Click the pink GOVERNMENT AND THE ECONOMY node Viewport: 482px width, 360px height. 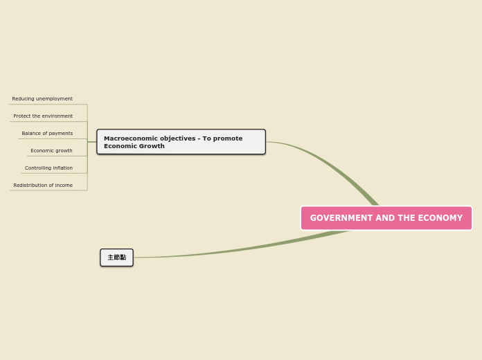386,218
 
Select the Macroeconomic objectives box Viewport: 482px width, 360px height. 181,142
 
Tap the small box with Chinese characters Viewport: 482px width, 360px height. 116,258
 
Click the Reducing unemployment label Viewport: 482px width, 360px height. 42,99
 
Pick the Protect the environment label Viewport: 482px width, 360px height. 43,116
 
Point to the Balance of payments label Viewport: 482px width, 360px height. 47,134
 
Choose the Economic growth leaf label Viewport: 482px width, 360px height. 51,151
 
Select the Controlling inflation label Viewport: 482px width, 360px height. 48,168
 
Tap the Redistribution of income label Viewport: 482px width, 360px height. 43,186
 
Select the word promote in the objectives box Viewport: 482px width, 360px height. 227,138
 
